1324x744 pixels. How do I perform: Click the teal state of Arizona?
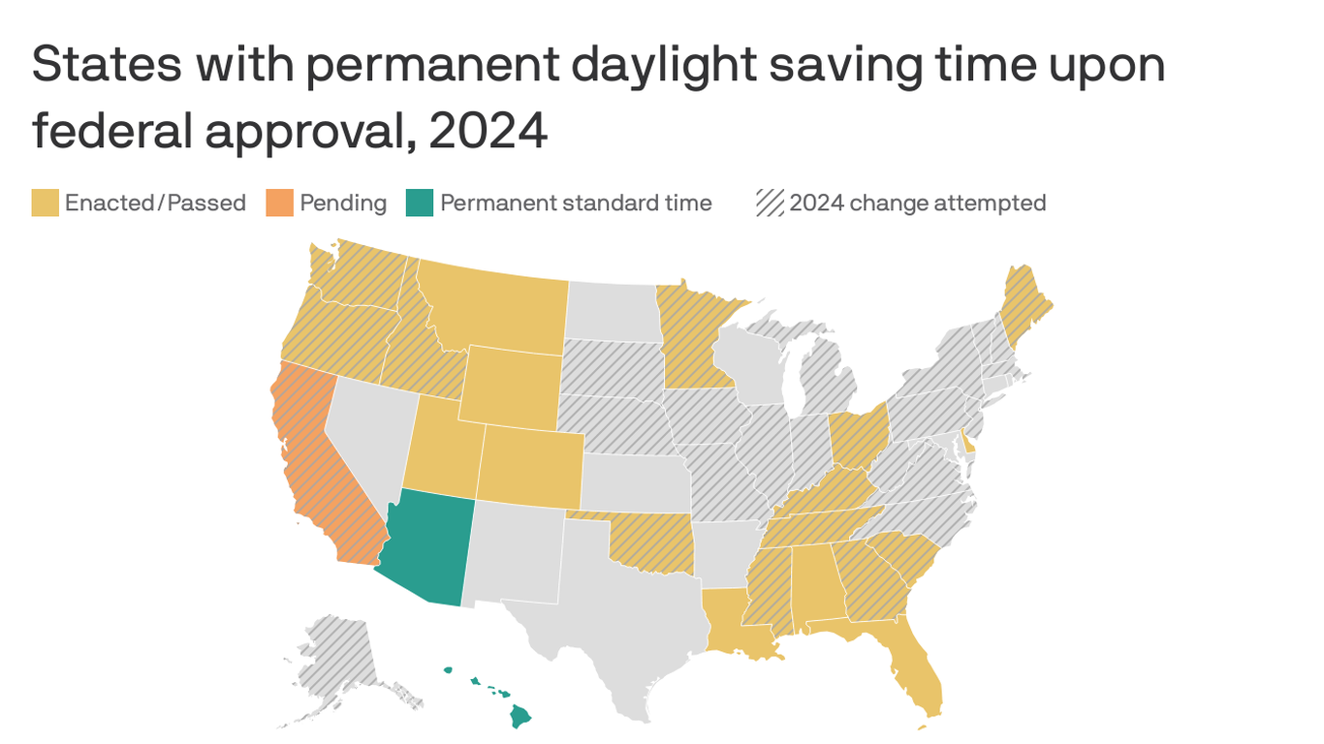(426, 547)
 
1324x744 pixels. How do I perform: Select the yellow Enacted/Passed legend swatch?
(45, 203)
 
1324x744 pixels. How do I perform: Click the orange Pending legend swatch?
(279, 203)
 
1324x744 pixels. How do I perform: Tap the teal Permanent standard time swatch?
(420, 203)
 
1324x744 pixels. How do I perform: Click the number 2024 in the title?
(488, 131)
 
